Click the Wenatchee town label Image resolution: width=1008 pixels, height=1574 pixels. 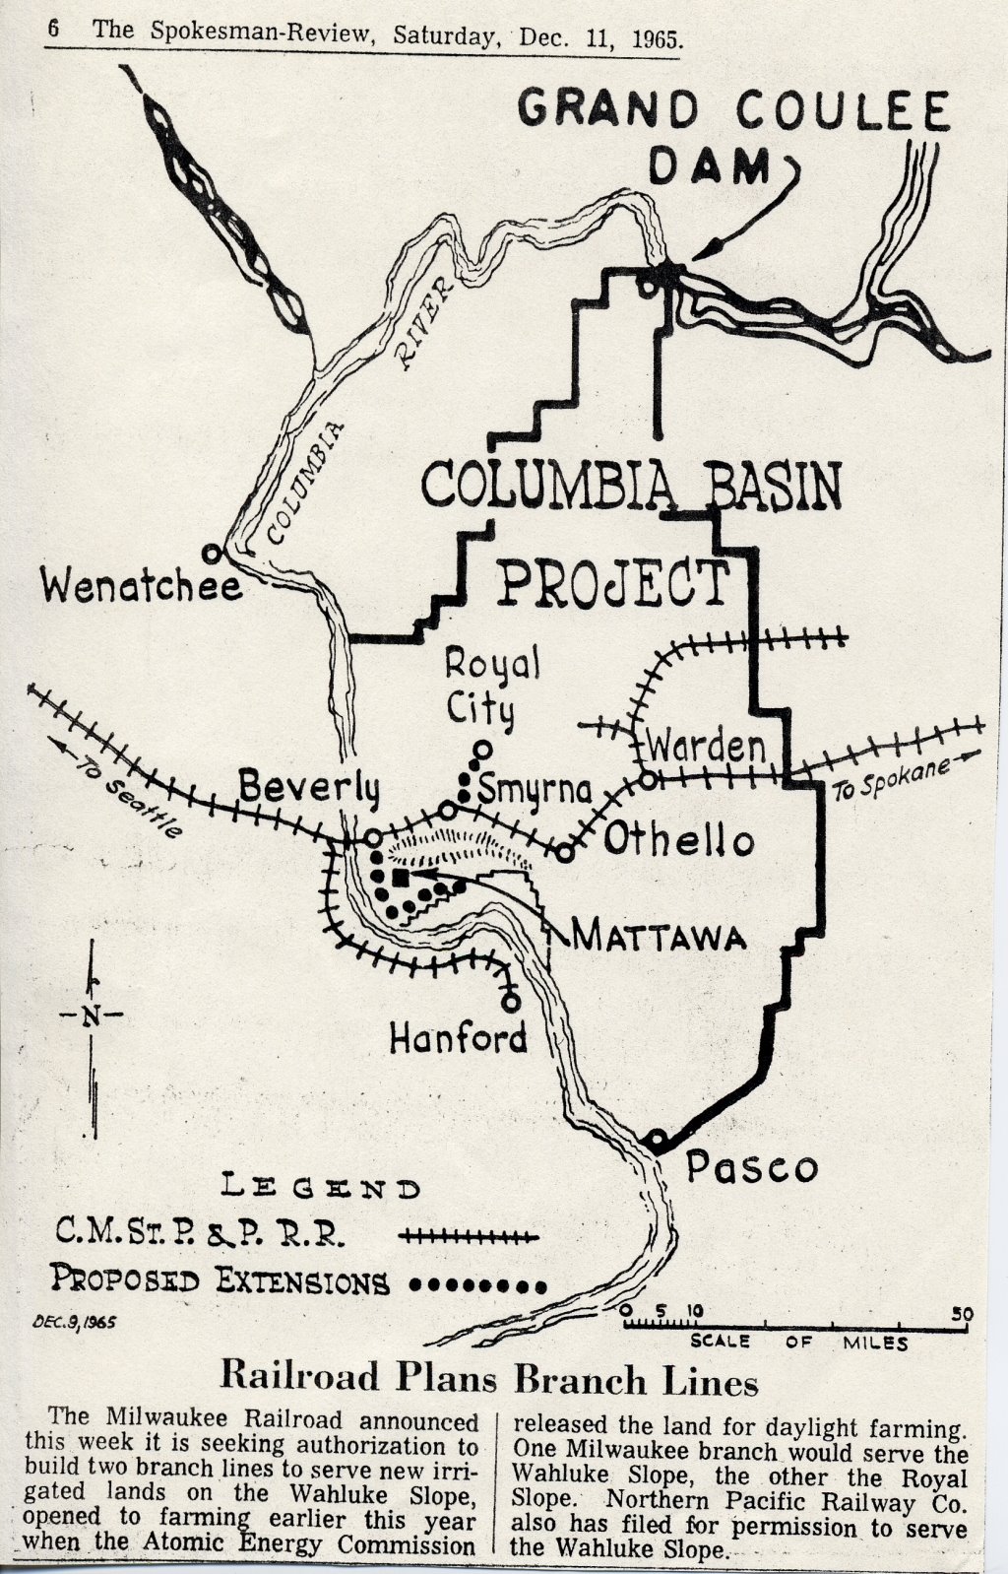point(142,587)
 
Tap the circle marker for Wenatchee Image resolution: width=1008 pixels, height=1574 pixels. point(211,553)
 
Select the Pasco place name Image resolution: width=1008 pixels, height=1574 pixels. point(752,1167)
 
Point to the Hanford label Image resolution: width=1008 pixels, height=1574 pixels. point(458,1037)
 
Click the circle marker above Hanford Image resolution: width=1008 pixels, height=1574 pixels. point(510,1001)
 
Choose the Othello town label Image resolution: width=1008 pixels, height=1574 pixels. point(678,840)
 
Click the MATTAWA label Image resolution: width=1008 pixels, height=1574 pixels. point(659,935)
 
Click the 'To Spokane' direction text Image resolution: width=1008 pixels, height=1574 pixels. point(892,778)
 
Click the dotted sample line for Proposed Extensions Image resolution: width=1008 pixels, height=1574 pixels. point(477,1284)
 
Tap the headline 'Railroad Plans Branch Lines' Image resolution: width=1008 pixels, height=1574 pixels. point(488,1379)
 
